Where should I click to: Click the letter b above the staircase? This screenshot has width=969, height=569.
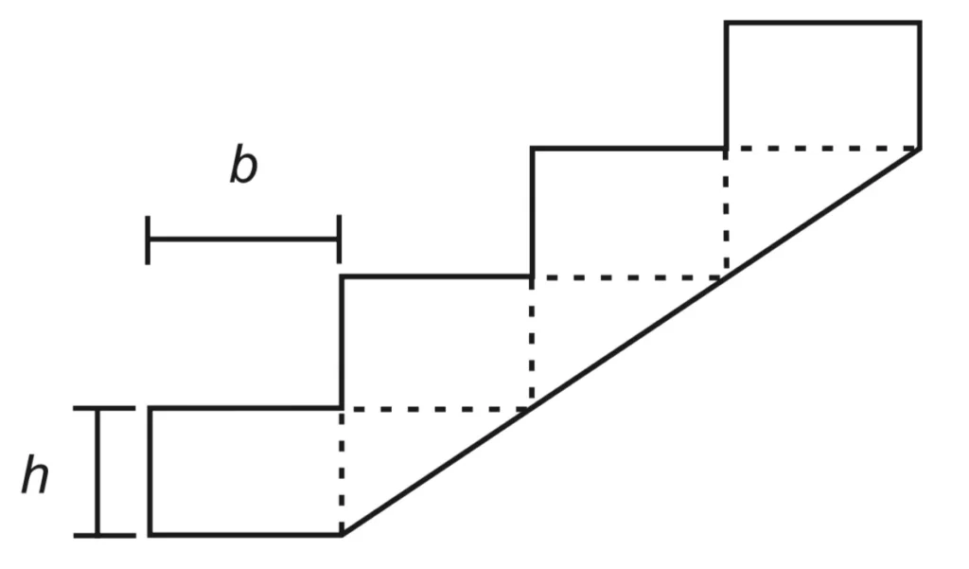(243, 165)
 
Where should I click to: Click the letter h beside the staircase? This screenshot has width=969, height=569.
(35, 474)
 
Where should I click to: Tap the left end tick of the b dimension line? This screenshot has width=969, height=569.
(148, 240)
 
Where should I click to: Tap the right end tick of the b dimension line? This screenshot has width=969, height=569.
(339, 240)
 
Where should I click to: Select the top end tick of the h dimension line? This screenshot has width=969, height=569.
(104, 408)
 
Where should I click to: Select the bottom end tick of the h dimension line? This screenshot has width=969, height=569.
(104, 535)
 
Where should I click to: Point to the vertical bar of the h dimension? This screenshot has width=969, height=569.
(97, 471)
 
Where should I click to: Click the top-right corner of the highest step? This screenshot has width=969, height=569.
(920, 24)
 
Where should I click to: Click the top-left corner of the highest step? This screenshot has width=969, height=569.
(727, 24)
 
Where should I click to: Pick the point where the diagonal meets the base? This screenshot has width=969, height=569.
(342, 534)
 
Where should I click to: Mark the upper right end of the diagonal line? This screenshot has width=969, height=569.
(920, 149)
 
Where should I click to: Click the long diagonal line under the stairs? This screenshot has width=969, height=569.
(631, 342)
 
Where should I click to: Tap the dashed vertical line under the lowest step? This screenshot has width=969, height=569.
(341, 471)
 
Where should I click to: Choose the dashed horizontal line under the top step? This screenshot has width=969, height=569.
(823, 149)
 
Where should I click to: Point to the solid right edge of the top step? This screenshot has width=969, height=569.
(920, 86)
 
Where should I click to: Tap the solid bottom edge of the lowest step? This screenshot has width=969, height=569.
(246, 534)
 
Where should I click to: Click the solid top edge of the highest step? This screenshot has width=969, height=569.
(823, 24)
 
